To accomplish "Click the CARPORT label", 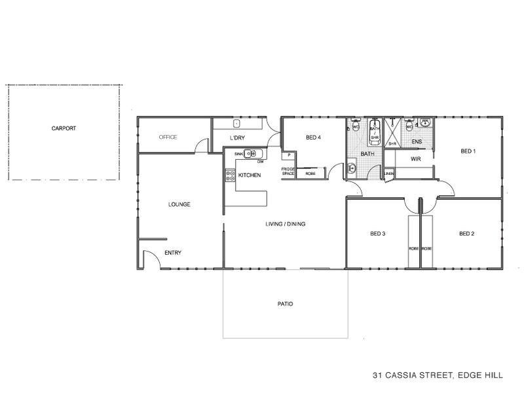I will tap(64, 128).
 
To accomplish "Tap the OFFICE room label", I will tap(169, 138).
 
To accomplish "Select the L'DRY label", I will tap(237, 138).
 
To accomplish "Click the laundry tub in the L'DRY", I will tap(237, 123).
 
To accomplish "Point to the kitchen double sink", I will tap(252, 154).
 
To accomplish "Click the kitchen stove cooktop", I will tap(231, 175).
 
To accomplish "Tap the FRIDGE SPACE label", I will tap(288, 172).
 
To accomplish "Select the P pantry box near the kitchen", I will tap(288, 155).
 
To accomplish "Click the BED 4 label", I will tap(313, 138).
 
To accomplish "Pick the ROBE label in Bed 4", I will tap(310, 174).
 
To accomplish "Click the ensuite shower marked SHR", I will tap(393, 134).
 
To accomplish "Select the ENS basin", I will tap(424, 123).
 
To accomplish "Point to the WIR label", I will tap(415, 158).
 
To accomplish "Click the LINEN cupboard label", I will tap(389, 173).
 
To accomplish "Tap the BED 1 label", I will tap(468, 151).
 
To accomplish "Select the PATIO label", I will tap(284, 305).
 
